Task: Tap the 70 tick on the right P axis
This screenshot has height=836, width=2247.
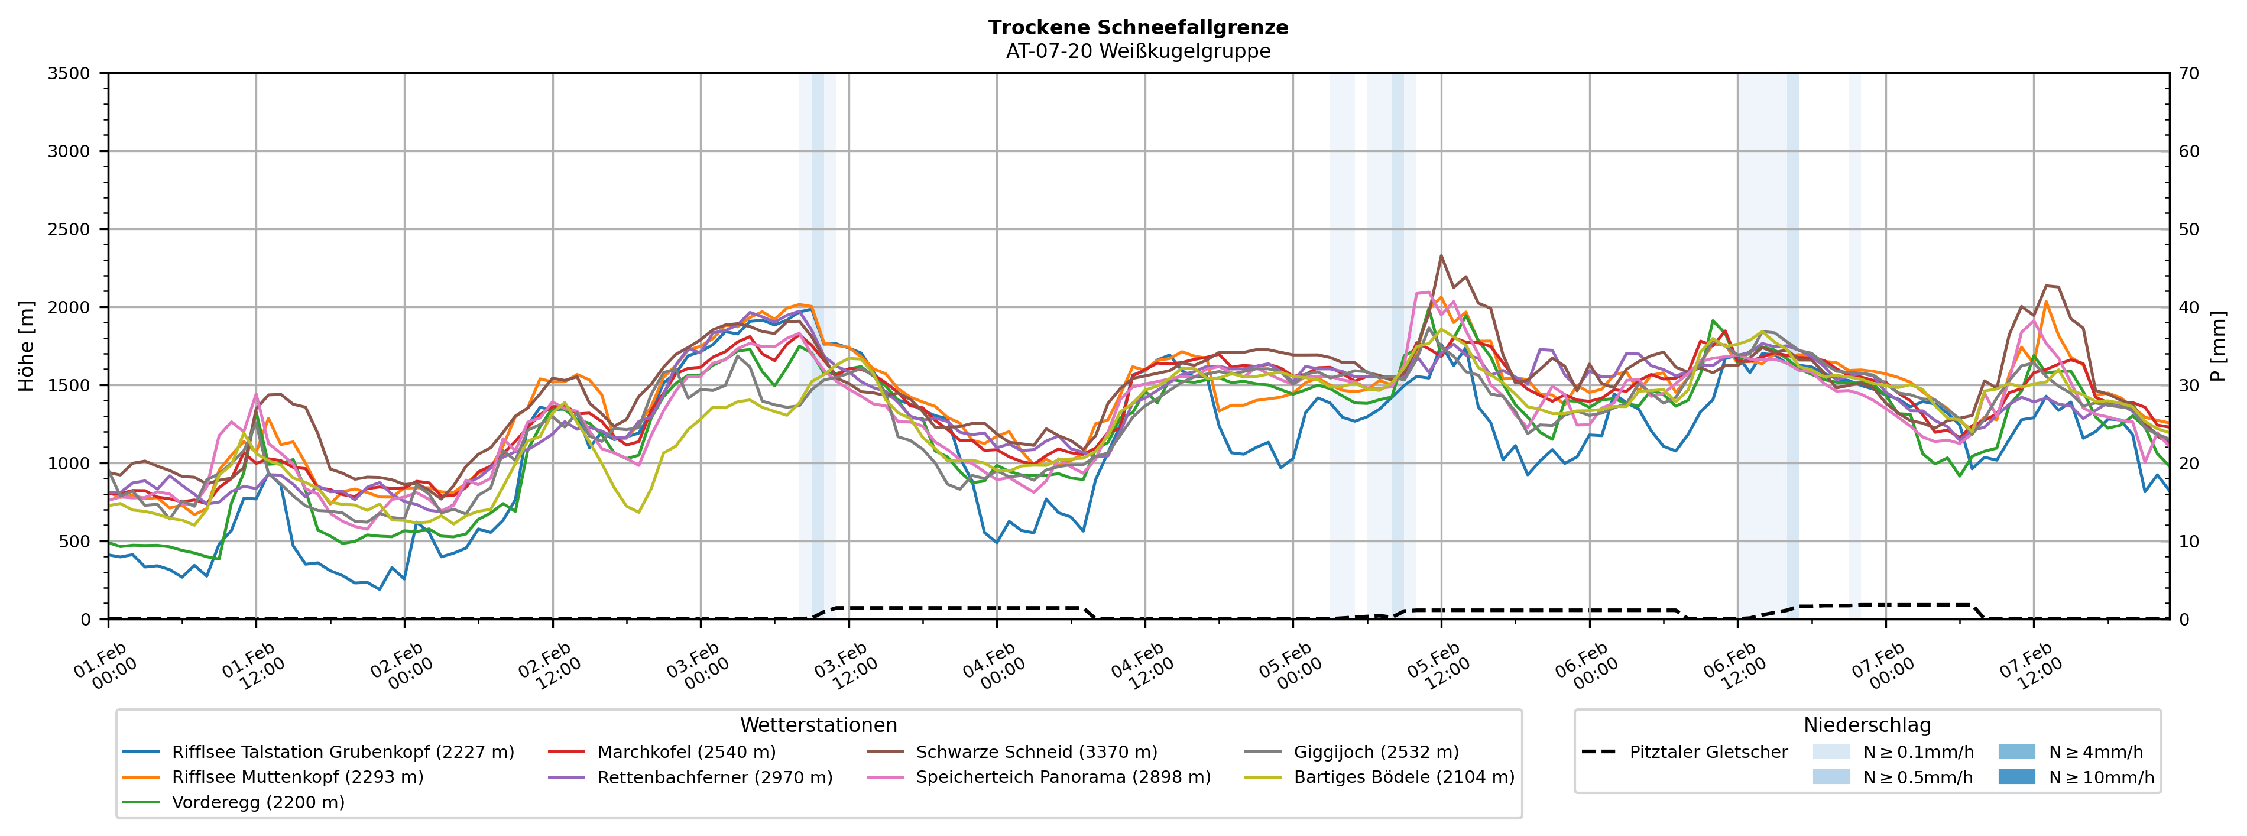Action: (x=2190, y=73)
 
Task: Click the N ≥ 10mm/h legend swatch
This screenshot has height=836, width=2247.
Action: (x=2016, y=777)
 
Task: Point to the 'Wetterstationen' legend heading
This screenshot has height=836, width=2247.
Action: (x=818, y=725)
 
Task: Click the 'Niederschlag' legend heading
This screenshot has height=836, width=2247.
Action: (x=1867, y=725)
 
